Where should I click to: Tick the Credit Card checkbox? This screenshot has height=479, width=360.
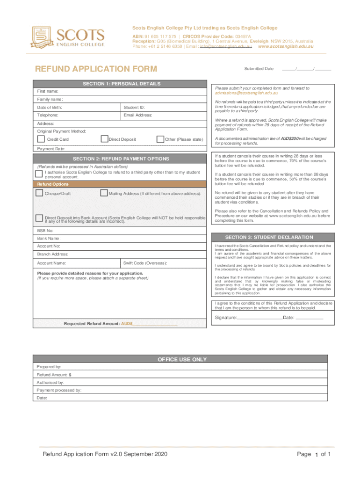pos(41,139)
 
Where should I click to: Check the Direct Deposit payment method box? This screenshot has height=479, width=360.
pos(105,139)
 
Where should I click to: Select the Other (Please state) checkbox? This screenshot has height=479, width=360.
pos(160,139)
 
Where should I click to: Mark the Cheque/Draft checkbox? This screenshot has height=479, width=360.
pos(39,193)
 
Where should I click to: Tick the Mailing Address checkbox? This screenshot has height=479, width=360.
pos(104,193)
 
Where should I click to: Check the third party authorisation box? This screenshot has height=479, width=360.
pos(39,174)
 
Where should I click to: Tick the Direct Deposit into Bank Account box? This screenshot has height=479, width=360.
pos(39,218)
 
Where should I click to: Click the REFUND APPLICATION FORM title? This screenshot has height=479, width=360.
pos(97,70)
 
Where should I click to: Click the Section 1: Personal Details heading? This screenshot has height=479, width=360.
pos(121,84)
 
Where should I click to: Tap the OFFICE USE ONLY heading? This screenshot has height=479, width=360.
pos(182,359)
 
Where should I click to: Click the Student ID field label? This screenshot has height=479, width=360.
pos(134,108)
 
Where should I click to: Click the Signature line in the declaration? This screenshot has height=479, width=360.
pos(259,318)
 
